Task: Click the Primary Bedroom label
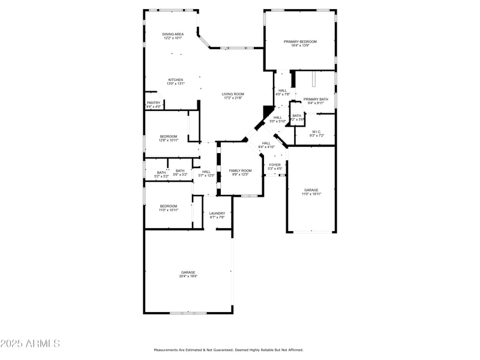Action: click(300, 41)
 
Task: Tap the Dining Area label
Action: click(173, 34)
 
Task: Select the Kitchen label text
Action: click(175, 80)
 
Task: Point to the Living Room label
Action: click(233, 94)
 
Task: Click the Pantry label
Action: click(154, 103)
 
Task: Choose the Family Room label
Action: click(241, 170)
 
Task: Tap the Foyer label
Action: click(275, 164)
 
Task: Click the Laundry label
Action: click(217, 213)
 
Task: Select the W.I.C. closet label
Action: click(317, 131)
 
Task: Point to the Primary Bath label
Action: click(316, 99)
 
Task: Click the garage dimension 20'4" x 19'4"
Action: click(188, 277)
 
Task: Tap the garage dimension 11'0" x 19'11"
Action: click(311, 194)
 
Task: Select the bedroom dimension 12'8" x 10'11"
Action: click(169, 140)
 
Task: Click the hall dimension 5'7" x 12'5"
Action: click(206, 176)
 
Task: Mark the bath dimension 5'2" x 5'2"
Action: click(162, 176)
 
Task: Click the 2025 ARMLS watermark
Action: click(30, 344)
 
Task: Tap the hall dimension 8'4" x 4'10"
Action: click(266, 147)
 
